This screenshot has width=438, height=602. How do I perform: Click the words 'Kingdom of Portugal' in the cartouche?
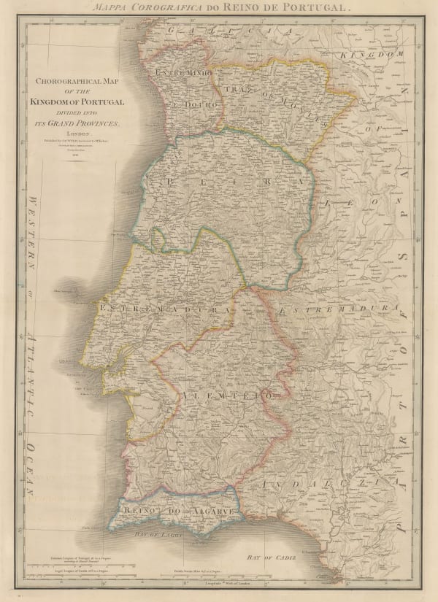pos(77,101)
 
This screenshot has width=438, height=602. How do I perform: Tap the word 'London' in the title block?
pos(77,134)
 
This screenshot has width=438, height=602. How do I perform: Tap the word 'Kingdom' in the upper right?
pos(374,55)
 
